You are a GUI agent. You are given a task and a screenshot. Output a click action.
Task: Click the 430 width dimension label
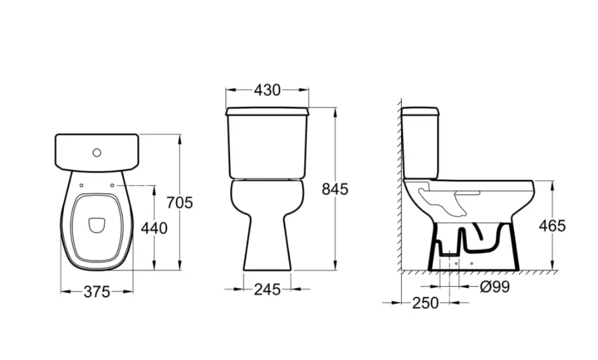click(x=267, y=90)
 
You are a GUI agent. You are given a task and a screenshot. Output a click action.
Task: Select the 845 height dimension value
click(x=335, y=189)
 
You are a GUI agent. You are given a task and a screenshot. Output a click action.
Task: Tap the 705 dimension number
click(x=180, y=203)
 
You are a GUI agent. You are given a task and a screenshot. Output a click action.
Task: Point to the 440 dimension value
click(x=154, y=229)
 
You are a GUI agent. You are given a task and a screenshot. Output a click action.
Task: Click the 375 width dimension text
click(x=97, y=292)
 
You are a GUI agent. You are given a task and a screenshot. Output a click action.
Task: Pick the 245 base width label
click(x=267, y=290)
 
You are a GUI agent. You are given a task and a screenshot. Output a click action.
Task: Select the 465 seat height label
click(x=552, y=226)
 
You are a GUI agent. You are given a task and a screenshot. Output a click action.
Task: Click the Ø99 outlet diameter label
click(x=495, y=287)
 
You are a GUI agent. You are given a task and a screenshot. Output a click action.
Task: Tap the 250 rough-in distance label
click(x=425, y=303)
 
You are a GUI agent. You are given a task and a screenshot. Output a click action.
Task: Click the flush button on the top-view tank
click(x=97, y=153)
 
